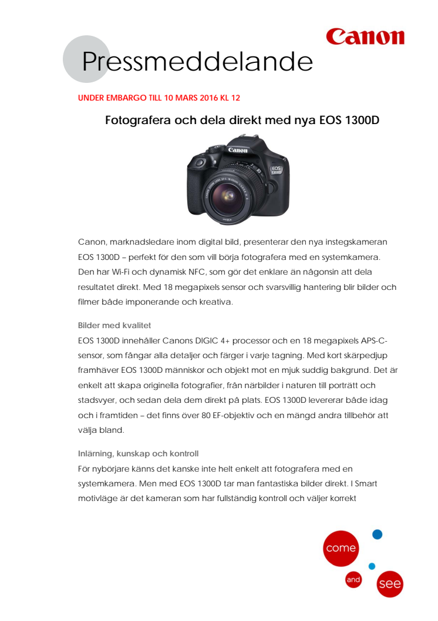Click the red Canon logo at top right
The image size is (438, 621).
(x=365, y=36)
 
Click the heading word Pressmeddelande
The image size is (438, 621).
(x=197, y=62)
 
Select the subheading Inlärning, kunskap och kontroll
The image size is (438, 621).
(x=138, y=453)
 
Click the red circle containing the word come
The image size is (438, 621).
(x=341, y=548)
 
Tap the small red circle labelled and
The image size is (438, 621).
(x=353, y=579)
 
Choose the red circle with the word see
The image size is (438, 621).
(x=389, y=584)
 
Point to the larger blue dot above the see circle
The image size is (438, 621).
(x=378, y=534)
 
